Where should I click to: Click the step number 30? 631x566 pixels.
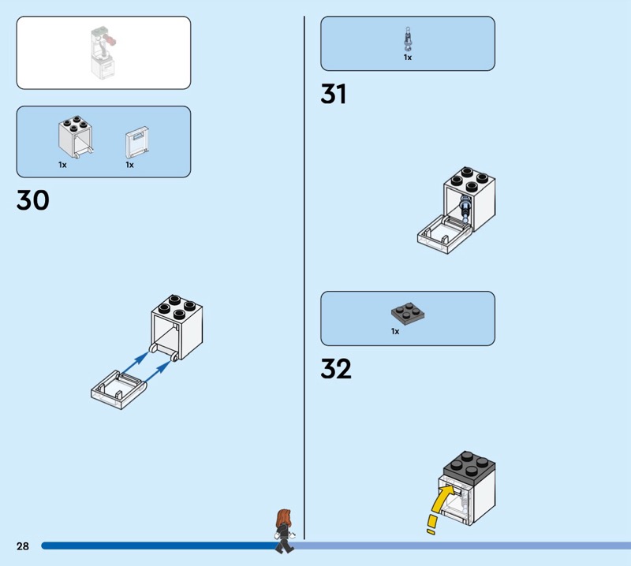pos(33,200)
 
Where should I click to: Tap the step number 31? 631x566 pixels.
pos(333,94)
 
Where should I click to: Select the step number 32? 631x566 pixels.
pos(336,369)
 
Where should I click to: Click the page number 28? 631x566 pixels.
pos(23,546)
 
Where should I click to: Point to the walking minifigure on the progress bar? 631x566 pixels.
pos(285,531)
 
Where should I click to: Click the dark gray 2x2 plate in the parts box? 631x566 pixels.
pos(408,314)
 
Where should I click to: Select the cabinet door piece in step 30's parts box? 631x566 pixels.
pos(137,143)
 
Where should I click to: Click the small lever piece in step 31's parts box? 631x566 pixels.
pos(408,39)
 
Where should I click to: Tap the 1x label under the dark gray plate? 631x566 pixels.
pos(395,331)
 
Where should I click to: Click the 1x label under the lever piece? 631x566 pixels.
pos(408,58)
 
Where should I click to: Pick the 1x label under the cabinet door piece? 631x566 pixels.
pos(129,165)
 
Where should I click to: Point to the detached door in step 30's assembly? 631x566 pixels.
pos(119,389)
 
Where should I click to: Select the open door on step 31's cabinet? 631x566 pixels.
pos(445,234)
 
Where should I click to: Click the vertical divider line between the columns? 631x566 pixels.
pos(304,277)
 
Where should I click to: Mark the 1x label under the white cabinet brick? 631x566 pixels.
pos(62,165)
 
